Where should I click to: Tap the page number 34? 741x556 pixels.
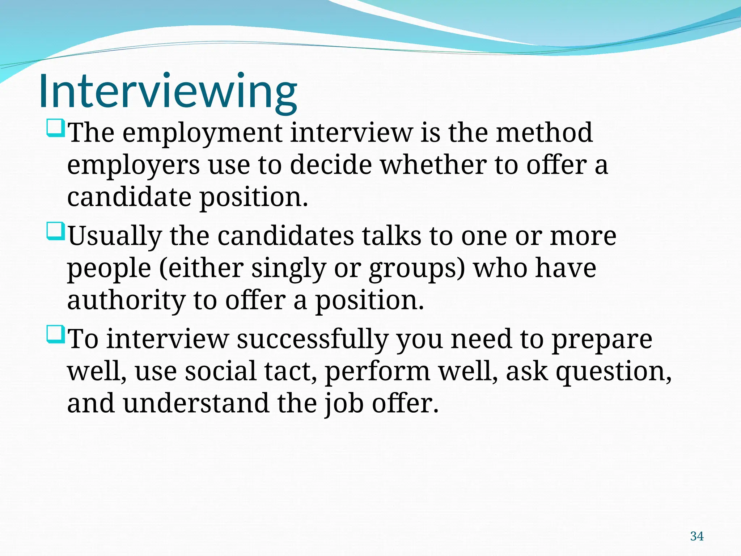point(697,536)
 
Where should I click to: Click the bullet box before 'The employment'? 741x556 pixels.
point(56,129)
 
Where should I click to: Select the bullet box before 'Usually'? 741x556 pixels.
point(56,232)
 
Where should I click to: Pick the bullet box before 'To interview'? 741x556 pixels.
point(56,335)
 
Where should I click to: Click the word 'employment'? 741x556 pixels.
point(202,133)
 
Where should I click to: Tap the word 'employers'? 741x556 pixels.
point(133,165)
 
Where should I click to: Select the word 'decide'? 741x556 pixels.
point(331,165)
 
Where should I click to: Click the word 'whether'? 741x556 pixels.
point(433,165)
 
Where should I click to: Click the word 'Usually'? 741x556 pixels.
point(115,236)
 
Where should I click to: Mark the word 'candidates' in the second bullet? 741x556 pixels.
point(286,236)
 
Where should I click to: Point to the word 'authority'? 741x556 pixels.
point(126,301)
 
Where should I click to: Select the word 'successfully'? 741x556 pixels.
point(312,340)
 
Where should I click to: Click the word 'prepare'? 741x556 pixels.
point(602,340)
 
